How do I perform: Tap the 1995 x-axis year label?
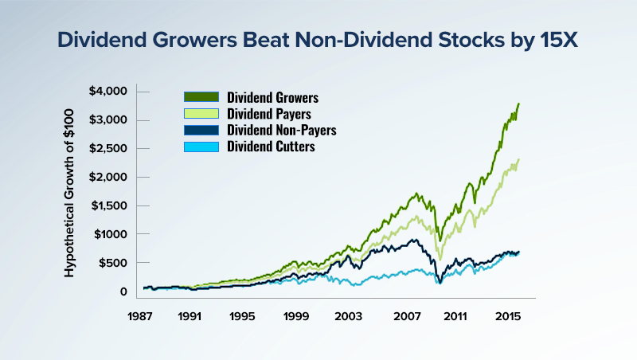[x=243, y=315]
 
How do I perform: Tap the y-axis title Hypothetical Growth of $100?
[x=69, y=192]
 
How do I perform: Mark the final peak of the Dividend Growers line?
[x=519, y=104]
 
